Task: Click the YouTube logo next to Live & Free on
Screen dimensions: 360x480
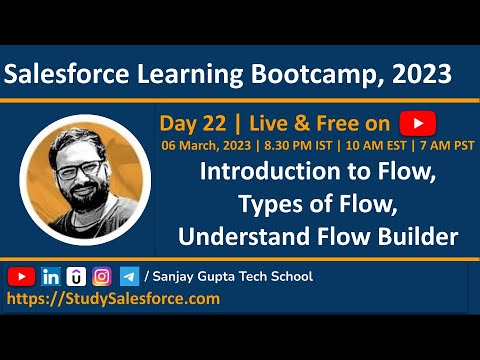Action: (416, 123)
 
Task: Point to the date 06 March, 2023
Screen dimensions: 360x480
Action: (203, 145)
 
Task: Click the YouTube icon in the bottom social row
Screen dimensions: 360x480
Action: (22, 276)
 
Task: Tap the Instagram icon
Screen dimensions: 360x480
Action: (102, 276)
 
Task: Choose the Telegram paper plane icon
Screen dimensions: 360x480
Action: (129, 276)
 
